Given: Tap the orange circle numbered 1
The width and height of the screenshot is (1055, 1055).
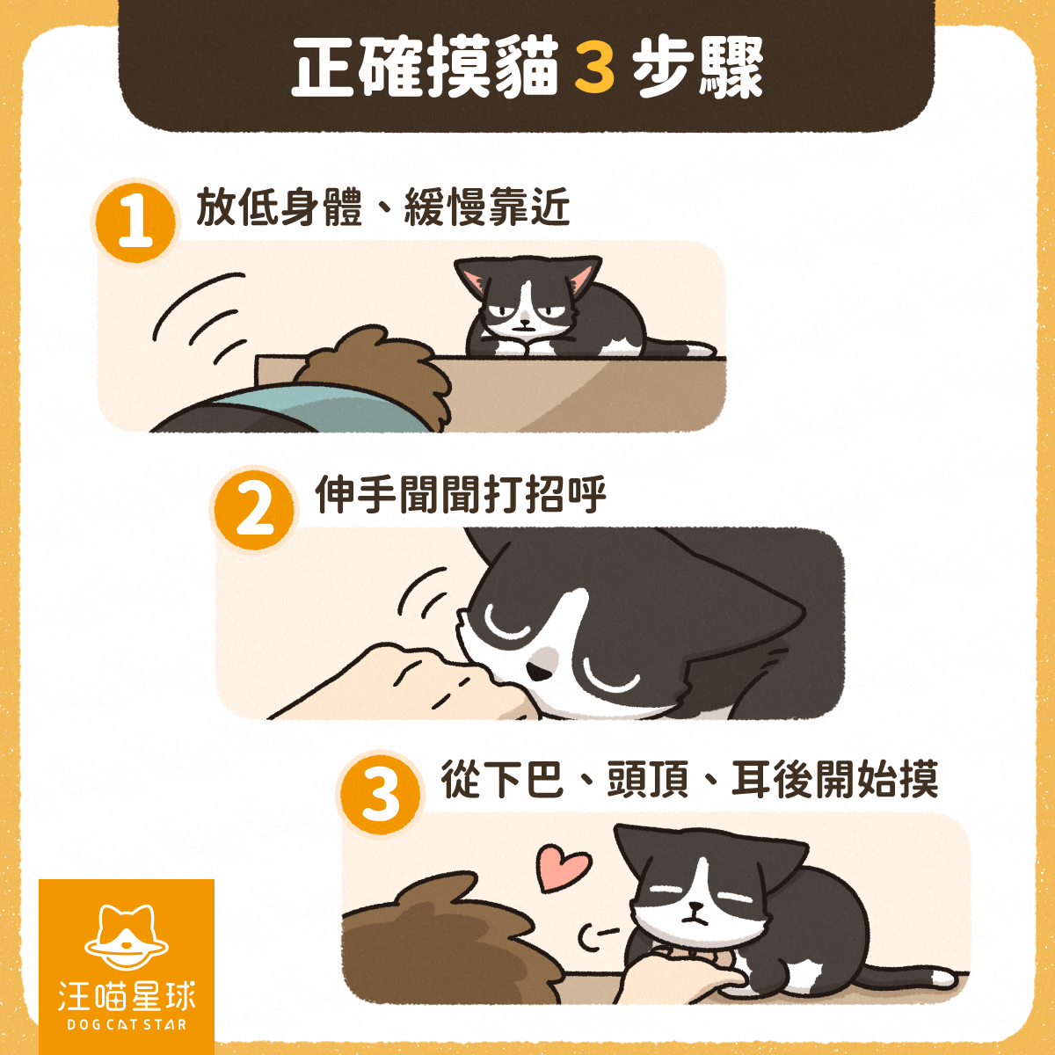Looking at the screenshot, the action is (x=135, y=222).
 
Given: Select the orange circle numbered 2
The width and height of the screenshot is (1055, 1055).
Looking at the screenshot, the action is (x=253, y=509).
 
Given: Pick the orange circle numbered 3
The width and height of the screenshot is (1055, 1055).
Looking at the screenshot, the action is (x=380, y=795).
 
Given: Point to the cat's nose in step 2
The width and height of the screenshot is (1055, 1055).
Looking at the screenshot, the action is (x=537, y=673).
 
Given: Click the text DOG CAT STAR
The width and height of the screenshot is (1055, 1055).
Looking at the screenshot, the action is (x=127, y=1024).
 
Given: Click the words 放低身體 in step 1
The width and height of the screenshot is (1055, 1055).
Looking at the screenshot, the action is (x=280, y=207).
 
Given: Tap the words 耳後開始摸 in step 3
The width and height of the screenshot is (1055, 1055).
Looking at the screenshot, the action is (x=834, y=779).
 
